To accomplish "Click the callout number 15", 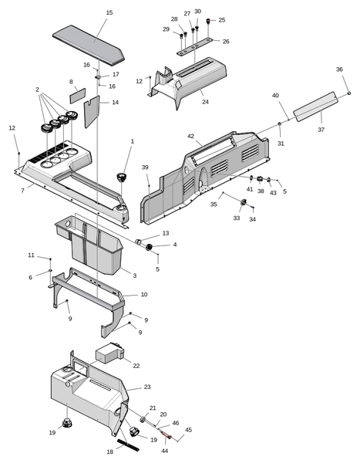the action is coord(109,12).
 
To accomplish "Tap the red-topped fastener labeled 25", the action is coord(208,22).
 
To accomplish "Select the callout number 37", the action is coord(321,130).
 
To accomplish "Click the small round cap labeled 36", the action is coord(349,93).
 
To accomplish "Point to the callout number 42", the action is coord(191,136).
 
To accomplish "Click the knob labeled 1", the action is coord(122,177).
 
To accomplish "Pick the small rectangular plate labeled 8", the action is coord(78,96).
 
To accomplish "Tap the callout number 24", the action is coord(205,102).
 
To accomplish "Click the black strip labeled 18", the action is coord(128,445).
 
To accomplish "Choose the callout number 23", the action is coord(147,387).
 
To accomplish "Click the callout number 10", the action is coord(144,295).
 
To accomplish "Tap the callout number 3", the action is coord(135,275).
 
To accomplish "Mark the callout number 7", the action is coord(22,191).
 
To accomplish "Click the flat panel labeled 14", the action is coord(92,111).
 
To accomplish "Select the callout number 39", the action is coord(145,167).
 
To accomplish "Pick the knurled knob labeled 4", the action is coord(149,247).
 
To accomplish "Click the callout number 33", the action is coord(237,218).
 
